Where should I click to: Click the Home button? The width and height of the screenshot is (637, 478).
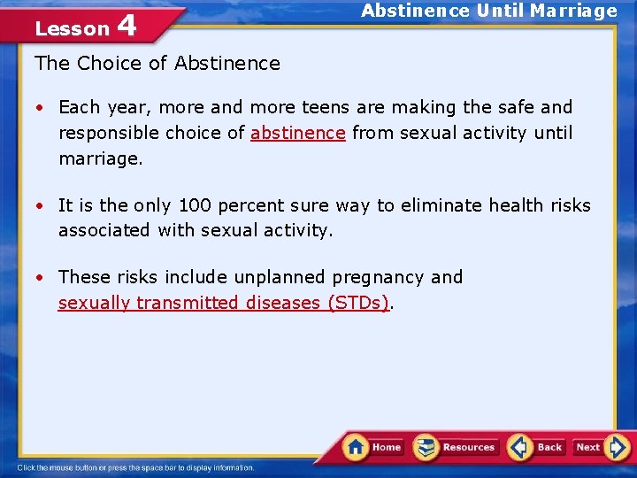373,447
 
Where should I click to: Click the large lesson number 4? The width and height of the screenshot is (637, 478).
127,25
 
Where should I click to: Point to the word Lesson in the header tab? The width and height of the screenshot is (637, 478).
72,28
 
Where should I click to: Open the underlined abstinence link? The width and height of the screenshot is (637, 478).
298,133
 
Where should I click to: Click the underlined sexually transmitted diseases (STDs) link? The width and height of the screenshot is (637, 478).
224,303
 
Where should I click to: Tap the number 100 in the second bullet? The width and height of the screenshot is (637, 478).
194,205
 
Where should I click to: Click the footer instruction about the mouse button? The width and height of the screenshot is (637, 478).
135,467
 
